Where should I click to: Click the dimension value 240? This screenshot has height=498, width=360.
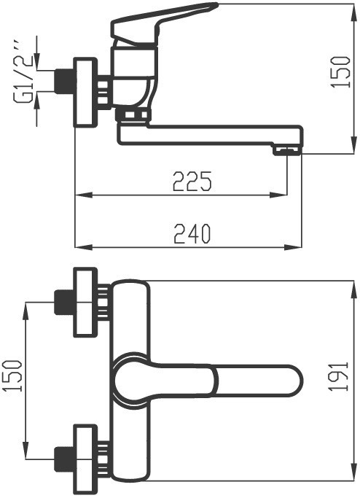[x=192, y=233]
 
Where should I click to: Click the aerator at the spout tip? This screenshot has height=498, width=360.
[x=286, y=150]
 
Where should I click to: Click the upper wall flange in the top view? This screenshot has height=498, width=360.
[x=85, y=303]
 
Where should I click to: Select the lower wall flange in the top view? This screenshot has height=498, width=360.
[x=85, y=458]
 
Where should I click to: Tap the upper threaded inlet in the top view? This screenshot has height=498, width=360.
[x=63, y=303]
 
